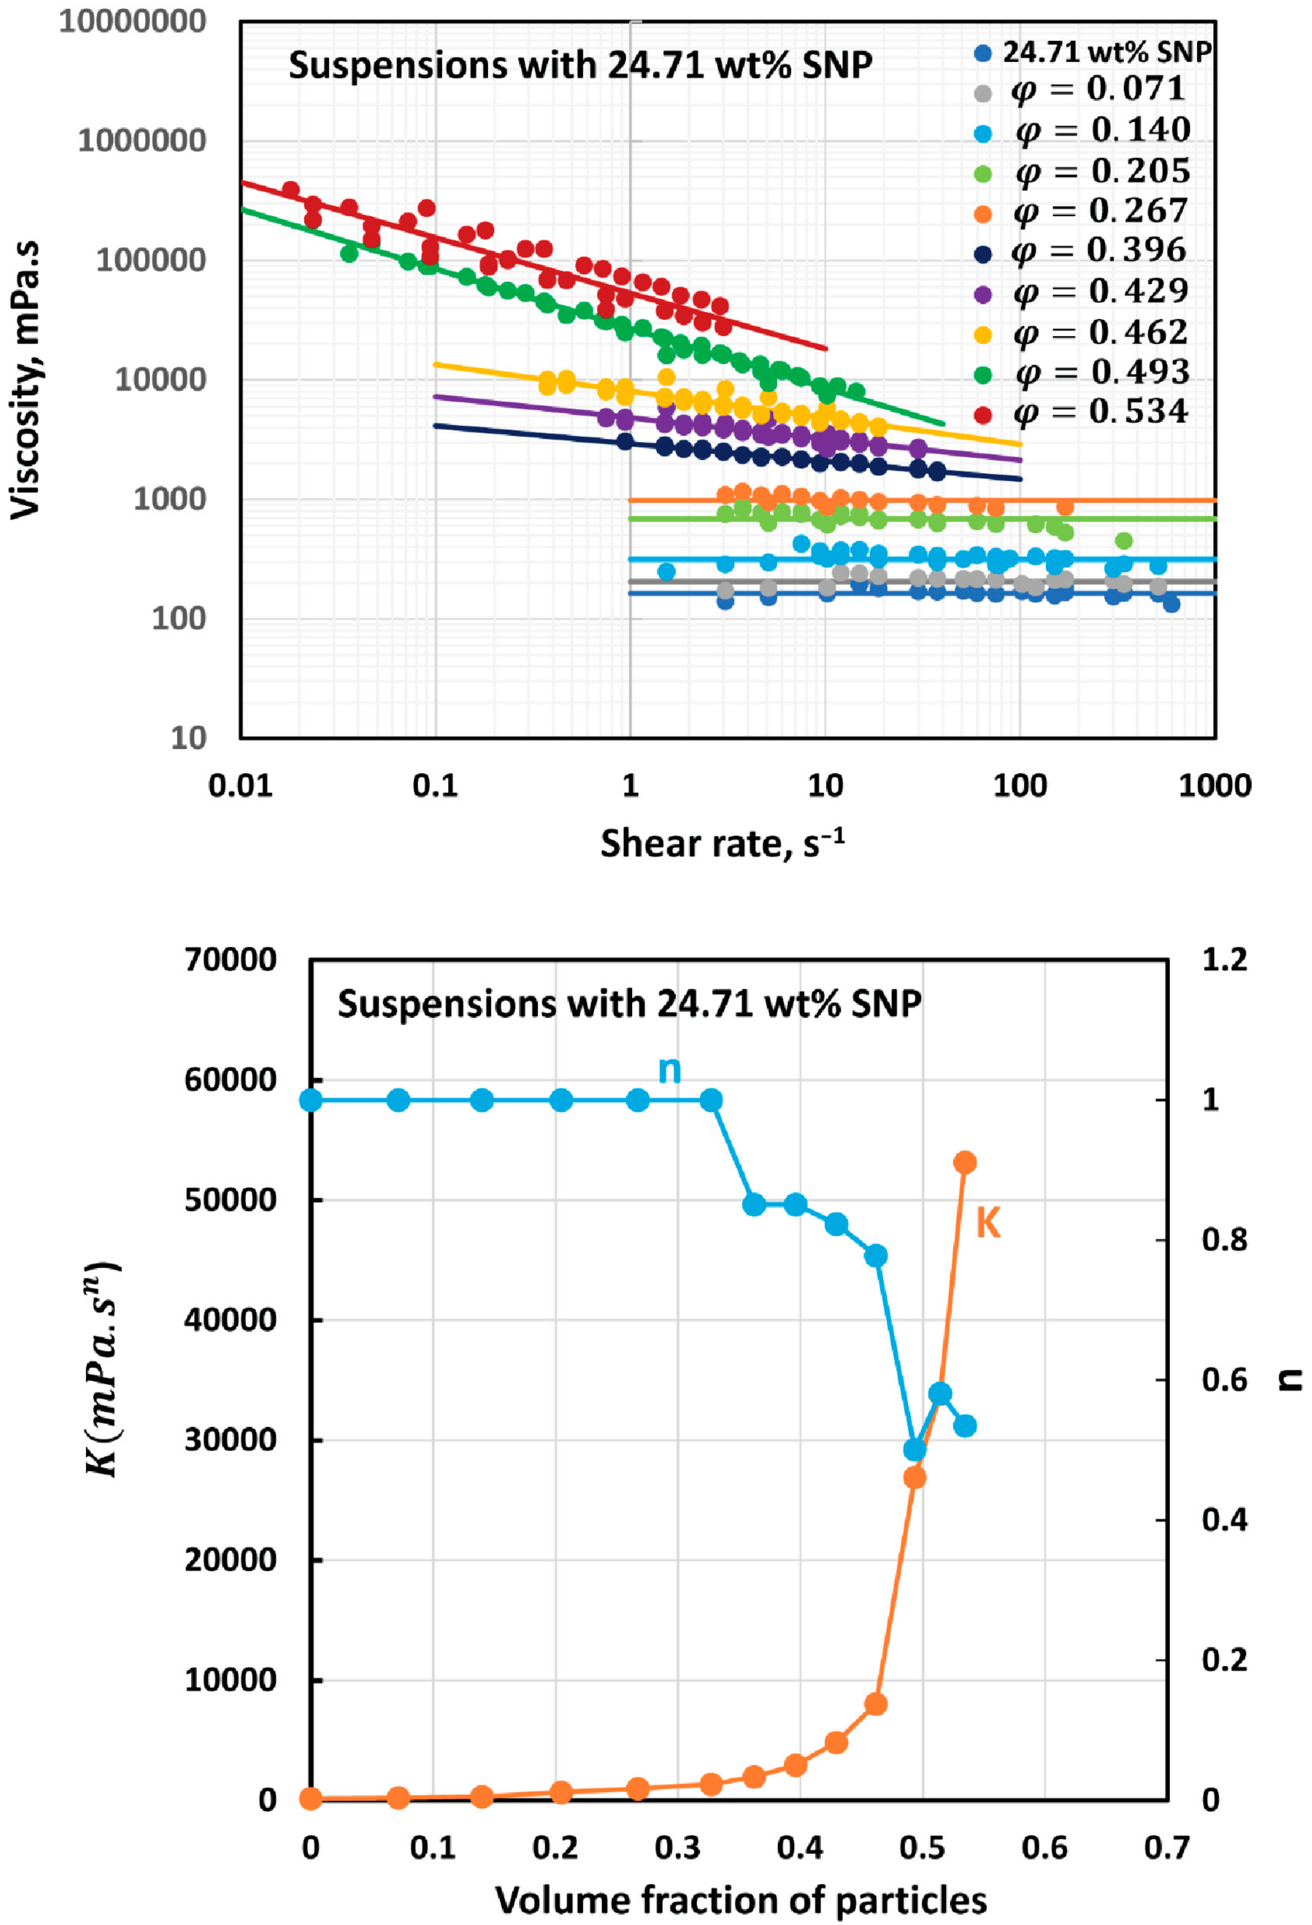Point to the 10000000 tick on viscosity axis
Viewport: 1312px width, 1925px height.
(133, 22)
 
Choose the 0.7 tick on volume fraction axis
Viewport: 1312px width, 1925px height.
(1167, 1848)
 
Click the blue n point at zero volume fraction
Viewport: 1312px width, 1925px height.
(311, 1100)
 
